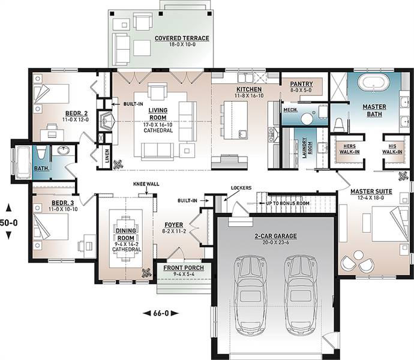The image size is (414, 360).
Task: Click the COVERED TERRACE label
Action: [182, 38]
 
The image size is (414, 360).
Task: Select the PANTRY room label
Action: [301, 84]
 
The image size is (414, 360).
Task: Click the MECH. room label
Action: [290, 110]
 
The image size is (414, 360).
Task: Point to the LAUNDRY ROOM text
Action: [307, 148]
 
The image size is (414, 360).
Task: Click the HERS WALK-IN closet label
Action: [349, 149]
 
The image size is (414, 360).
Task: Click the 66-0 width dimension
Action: [161, 314]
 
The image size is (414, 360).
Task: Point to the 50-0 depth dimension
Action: [9, 223]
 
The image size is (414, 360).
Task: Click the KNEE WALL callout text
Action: [146, 184]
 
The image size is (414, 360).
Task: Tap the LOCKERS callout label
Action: [241, 188]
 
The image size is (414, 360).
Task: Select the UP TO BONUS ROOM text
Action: [287, 203]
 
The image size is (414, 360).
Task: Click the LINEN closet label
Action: [107, 155]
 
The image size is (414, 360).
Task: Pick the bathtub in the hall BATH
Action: [22, 163]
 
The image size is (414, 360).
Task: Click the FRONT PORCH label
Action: [184, 268]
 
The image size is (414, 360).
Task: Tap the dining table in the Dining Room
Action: [126, 239]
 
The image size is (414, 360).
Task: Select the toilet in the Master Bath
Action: [338, 125]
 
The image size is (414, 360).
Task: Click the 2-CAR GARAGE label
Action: [275, 236]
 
